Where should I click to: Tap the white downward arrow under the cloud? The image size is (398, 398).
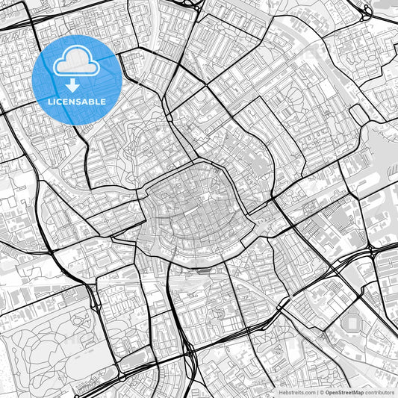tap(77, 84)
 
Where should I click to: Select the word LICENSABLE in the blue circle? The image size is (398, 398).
tap(77, 101)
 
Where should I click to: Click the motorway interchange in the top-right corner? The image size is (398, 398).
tap(366, 13)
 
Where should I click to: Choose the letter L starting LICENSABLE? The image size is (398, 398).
tap(50, 101)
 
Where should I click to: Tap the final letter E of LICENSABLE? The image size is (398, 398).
tap(103, 101)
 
